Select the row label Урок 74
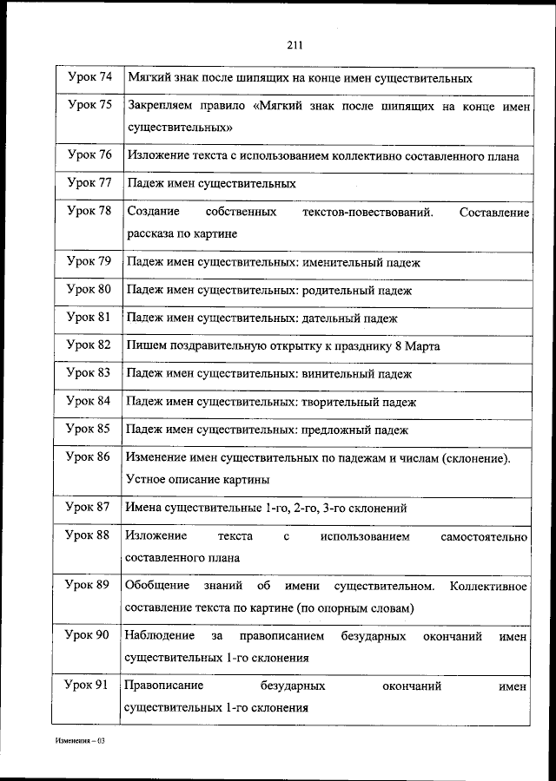tap(89, 77)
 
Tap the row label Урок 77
tap(89, 183)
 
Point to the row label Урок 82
tap(89, 345)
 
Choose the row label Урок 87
tap(89, 508)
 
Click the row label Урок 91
tap(89, 686)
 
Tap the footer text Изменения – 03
tap(79, 742)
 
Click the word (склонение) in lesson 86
tap(477, 456)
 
